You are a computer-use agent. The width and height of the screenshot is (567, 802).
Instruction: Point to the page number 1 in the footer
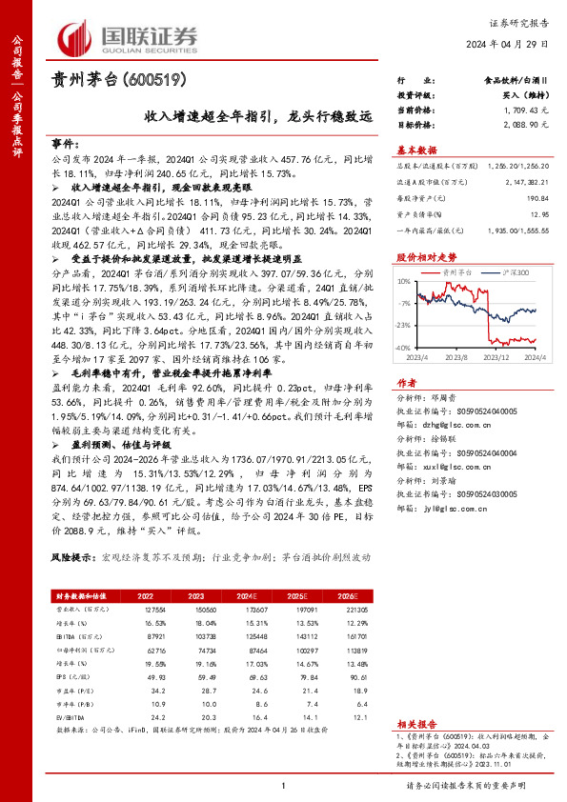pyautogui.click(x=283, y=785)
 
